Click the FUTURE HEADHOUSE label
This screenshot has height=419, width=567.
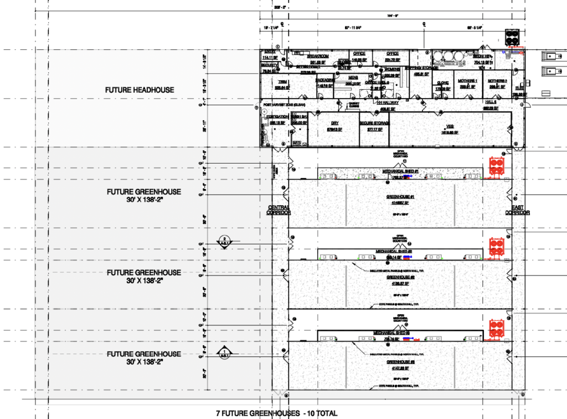pos(140,90)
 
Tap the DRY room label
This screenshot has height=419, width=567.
pos(334,123)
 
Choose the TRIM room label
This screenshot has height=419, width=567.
pos(282,81)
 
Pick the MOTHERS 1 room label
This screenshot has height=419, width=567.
pos(468,81)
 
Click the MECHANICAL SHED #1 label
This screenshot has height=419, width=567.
pos(402,172)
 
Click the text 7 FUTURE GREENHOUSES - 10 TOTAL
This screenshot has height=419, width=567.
pos(276,413)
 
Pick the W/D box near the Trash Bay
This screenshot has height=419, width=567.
pos(296,144)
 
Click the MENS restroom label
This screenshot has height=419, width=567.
pos(353,78)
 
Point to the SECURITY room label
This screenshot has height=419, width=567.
pos(269,65)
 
